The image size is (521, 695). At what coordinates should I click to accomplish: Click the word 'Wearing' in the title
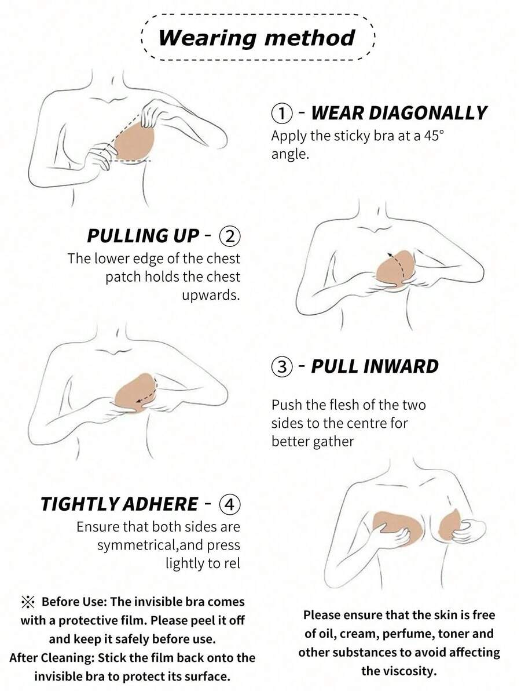pos(207,38)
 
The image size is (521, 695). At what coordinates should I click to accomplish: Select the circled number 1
pos(281,114)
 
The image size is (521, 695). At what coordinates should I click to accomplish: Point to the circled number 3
pos(281,367)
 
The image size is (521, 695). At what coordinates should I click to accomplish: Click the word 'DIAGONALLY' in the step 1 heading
pos(399,114)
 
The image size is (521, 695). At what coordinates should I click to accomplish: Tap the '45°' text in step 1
pos(434,136)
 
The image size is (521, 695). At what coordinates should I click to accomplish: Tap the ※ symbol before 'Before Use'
pos(28,602)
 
